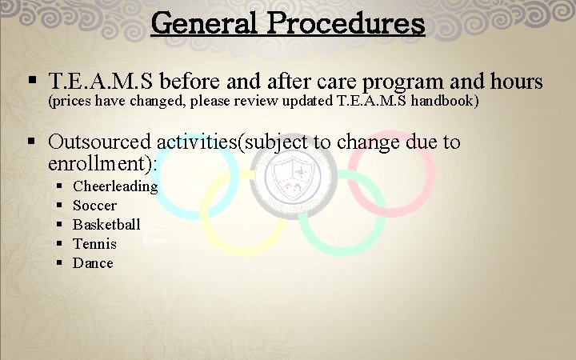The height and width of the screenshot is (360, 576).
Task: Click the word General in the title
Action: point(205,22)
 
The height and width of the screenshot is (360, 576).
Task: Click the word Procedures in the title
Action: point(346,22)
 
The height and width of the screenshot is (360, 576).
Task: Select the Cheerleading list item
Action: point(115,186)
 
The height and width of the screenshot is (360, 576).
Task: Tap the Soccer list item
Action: point(94,206)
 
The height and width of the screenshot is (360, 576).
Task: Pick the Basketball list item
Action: point(106,225)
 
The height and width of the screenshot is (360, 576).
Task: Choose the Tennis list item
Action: point(94,244)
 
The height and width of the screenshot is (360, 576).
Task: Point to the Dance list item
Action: point(93,263)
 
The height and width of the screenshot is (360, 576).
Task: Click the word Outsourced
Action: point(99,142)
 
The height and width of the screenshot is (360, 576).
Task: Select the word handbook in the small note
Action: point(444,102)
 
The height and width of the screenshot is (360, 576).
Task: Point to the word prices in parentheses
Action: point(73,102)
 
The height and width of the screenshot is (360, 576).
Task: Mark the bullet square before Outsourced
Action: point(32,142)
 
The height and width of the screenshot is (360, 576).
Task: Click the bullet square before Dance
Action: point(60,263)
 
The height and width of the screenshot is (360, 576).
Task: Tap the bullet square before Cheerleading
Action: point(60,186)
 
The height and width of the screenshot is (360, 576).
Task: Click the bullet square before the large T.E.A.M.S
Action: point(32,82)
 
